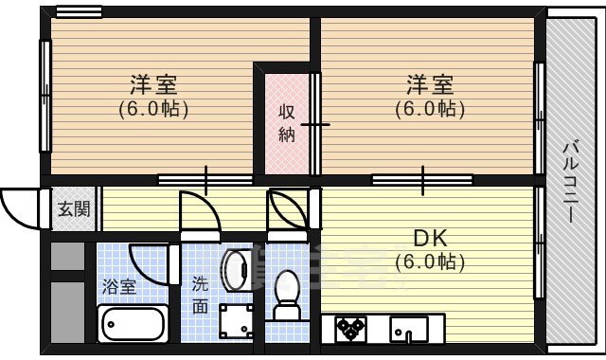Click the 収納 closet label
(286, 123)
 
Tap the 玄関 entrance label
(72, 209)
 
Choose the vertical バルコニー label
(571, 181)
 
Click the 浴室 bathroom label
(119, 284)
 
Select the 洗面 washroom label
(200, 294)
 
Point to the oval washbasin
(235, 271)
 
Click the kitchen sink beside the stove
(409, 329)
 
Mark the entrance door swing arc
(19, 204)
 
